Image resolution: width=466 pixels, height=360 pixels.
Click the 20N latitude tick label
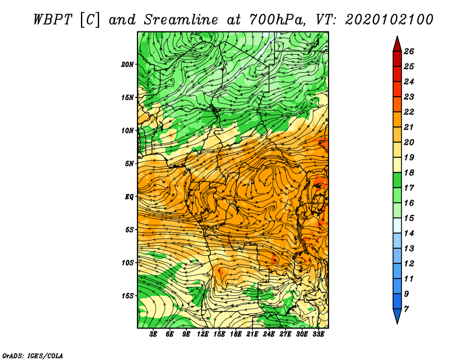[128, 65]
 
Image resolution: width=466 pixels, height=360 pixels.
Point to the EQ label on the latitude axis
[129, 197]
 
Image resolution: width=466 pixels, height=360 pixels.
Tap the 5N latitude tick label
[129, 164]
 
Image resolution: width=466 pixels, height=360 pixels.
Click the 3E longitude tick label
[153, 334]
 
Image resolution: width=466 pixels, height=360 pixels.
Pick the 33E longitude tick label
[318, 334]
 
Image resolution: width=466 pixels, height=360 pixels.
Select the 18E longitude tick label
[236, 334]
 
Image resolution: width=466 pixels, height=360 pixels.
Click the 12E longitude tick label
[203, 334]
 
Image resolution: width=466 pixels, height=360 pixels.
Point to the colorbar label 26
[409, 51]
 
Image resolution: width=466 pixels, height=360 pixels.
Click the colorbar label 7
[406, 309]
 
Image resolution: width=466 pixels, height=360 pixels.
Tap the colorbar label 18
[409, 172]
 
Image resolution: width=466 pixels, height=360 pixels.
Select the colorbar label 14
[409, 234]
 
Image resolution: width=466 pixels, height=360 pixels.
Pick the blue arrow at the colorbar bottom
[397, 315]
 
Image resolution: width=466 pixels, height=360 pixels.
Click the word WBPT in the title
[52, 20]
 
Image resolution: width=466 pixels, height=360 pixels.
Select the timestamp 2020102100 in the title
[389, 20]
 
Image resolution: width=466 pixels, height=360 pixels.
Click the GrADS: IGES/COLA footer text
[33, 356]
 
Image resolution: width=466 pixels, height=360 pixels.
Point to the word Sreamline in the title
[181, 20]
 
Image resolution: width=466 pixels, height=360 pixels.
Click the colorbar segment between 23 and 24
[397, 89]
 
